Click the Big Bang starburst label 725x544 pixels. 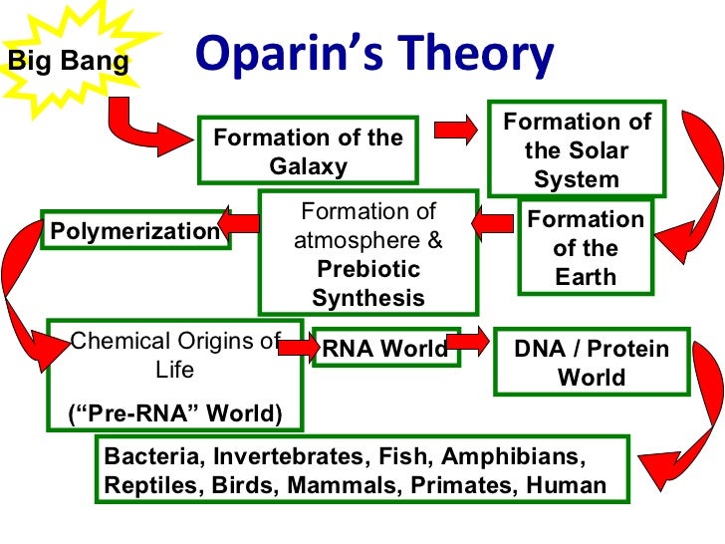[x=68, y=62]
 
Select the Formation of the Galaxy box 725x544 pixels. [x=308, y=151]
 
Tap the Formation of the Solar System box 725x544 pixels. [x=577, y=150]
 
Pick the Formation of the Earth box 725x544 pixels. [x=586, y=247]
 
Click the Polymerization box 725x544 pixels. [x=134, y=231]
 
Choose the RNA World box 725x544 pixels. [x=383, y=349]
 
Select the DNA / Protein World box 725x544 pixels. [x=591, y=363]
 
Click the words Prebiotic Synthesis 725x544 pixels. [x=367, y=284]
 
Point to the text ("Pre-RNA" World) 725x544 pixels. [x=174, y=412]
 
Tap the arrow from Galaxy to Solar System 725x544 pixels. [x=455, y=131]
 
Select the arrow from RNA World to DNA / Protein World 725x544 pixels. [x=469, y=342]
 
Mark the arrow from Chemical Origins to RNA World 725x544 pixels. [x=295, y=347]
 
